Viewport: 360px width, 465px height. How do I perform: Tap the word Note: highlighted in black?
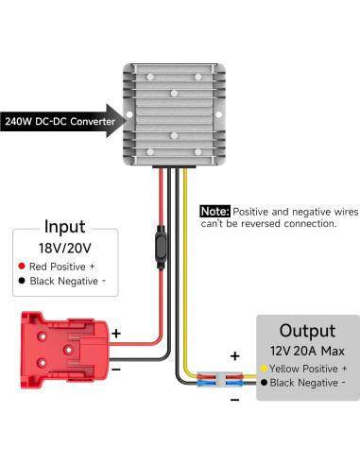pos(214,212)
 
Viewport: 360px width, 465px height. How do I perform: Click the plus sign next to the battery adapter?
pos(116,333)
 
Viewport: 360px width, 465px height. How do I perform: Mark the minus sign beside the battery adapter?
pos(116,370)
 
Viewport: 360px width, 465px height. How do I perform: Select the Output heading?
pos(306,331)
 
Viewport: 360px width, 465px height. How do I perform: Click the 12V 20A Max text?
pos(306,351)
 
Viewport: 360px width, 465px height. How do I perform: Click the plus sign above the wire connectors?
pos(234,358)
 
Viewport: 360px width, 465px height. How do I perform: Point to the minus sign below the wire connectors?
pos(234,399)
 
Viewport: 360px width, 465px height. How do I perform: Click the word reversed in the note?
pos(270,224)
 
